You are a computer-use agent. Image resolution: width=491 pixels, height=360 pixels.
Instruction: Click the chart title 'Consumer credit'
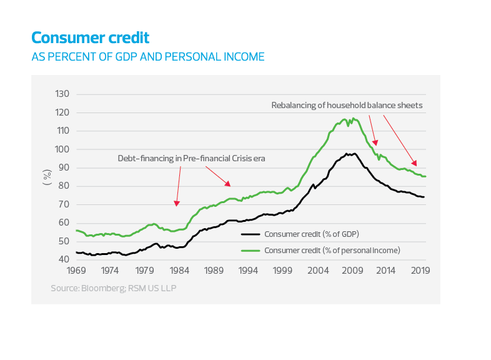click(x=91, y=37)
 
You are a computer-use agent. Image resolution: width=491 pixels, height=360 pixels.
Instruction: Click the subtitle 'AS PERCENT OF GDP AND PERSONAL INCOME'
click(x=147, y=57)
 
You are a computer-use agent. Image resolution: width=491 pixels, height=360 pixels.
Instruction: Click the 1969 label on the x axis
click(x=76, y=271)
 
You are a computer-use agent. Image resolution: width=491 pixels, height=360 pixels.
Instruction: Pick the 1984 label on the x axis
click(x=179, y=271)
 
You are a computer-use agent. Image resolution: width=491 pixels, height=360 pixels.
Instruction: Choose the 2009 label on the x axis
click(x=352, y=271)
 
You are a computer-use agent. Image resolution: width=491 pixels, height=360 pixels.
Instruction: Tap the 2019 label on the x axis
click(x=421, y=271)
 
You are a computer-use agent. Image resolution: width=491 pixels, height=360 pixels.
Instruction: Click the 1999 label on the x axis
click(x=283, y=271)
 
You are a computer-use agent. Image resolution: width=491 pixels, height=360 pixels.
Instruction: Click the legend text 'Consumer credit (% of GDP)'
click(x=312, y=234)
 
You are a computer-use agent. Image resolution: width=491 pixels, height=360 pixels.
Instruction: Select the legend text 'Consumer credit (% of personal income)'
click(x=332, y=250)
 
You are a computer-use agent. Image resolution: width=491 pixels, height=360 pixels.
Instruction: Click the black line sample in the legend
click(x=250, y=234)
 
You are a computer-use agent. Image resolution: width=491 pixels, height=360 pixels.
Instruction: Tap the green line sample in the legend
click(x=250, y=250)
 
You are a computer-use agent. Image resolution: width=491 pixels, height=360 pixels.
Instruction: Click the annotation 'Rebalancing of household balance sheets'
click(x=347, y=106)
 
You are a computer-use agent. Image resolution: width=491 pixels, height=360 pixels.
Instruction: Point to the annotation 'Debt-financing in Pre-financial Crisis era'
click(x=192, y=159)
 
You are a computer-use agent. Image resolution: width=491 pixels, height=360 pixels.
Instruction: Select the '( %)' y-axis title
click(x=47, y=177)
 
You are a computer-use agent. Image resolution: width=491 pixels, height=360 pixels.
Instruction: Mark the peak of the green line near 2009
click(x=354, y=118)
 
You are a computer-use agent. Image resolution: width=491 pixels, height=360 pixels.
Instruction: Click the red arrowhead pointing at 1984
click(x=177, y=204)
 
